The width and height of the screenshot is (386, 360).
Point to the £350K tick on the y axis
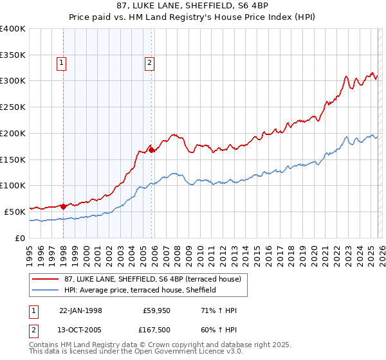click(13, 55)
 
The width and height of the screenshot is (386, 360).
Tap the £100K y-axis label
click(13, 185)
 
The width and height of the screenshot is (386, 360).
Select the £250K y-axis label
click(13, 107)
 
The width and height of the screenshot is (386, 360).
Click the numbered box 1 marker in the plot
click(62, 62)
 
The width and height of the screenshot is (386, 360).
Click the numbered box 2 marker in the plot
click(149, 62)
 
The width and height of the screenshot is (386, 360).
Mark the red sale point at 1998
click(64, 206)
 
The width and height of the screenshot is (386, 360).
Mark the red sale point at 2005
click(152, 150)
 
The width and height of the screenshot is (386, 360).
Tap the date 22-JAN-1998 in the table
click(81, 310)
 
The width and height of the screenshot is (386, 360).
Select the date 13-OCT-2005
click(81, 330)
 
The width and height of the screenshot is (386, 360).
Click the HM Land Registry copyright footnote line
click(142, 345)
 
